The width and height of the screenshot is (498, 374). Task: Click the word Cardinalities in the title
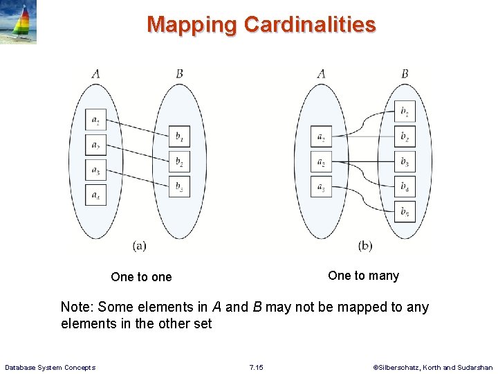click(310, 25)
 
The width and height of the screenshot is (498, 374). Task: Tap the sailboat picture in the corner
click(19, 23)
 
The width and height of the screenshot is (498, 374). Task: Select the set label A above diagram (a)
click(95, 73)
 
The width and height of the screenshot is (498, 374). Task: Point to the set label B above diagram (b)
click(405, 73)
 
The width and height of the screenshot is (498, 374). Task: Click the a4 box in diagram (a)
click(95, 195)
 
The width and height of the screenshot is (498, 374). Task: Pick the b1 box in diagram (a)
click(179, 137)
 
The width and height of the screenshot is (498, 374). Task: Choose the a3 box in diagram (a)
click(95, 170)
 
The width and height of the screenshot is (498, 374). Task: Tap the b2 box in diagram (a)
click(179, 162)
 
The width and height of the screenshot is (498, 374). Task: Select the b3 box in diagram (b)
click(405, 163)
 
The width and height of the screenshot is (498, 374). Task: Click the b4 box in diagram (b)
click(405, 187)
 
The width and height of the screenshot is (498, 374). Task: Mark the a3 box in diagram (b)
click(321, 186)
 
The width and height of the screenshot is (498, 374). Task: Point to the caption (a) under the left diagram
click(139, 245)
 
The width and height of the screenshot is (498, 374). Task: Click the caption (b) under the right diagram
click(365, 245)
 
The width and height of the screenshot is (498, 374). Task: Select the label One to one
click(141, 277)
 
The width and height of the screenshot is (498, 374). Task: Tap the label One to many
click(363, 276)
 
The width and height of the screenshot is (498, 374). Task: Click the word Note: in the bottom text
click(78, 307)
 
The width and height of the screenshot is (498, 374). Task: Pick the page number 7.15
click(256, 367)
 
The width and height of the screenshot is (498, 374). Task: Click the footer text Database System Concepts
click(50, 367)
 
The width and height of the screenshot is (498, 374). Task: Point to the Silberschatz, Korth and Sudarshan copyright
click(433, 367)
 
